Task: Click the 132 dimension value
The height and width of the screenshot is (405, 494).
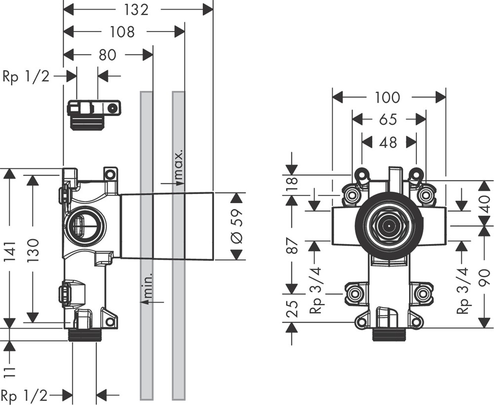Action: (x=136, y=9)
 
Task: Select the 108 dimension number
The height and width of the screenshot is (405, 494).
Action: (x=122, y=32)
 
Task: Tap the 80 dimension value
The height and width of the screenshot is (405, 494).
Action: (x=107, y=54)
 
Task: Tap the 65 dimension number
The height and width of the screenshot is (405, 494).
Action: (x=388, y=120)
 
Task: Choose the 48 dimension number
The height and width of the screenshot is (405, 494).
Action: (x=388, y=142)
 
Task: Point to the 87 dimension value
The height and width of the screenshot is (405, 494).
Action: (x=292, y=245)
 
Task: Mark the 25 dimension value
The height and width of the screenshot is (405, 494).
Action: (x=292, y=309)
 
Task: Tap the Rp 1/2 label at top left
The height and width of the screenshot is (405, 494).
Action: (x=26, y=76)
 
